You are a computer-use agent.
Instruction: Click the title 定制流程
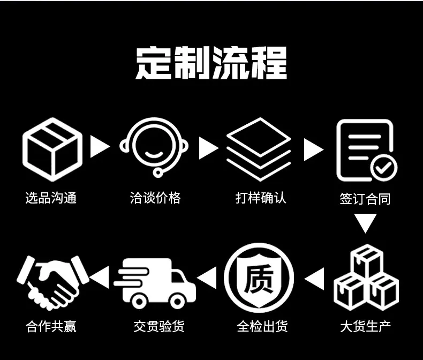click(211, 64)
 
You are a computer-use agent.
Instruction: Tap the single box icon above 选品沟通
click(52, 149)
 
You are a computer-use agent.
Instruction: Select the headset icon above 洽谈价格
click(155, 146)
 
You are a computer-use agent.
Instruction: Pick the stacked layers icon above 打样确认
click(259, 149)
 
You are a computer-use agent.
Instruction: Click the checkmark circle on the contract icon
click(384, 168)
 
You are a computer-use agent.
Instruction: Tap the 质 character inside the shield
click(259, 279)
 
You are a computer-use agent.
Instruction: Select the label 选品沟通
click(51, 198)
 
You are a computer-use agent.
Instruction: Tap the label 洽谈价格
click(155, 198)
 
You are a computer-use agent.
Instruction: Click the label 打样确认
click(261, 198)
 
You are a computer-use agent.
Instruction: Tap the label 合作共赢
click(51, 326)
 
